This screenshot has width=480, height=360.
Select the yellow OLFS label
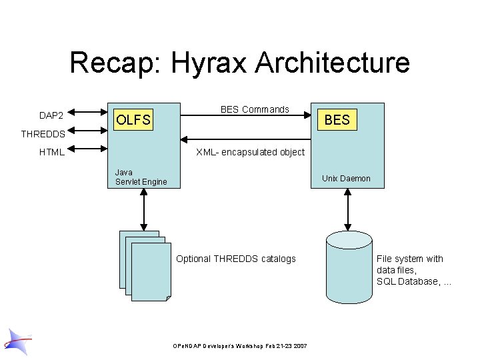point(133,120)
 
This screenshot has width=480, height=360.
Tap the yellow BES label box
point(337,119)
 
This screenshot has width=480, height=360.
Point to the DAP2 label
point(51,115)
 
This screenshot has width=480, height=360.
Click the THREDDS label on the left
point(43,134)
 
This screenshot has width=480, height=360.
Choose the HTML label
point(51,152)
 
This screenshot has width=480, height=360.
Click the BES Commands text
point(255,109)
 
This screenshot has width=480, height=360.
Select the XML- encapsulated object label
point(250,152)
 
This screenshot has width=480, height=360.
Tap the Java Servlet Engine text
point(141,177)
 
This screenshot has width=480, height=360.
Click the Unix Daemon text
point(346,178)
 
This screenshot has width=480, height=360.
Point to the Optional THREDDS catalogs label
point(235,259)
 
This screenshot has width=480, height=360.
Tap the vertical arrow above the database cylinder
point(347,208)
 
